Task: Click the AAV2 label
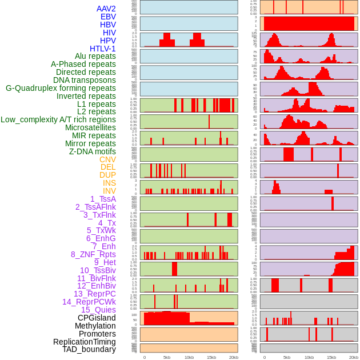coord(106,9)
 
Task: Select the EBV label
coord(107,17)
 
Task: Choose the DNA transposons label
coord(85,81)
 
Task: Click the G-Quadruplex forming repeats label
coord(61,89)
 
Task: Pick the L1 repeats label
coord(97,104)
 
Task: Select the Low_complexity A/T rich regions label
coord(58,120)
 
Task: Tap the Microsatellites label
coord(90,128)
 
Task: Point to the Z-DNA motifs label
coord(93,151)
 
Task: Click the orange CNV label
coord(107,159)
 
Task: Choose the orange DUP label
coord(107,175)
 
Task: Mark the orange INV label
coord(109,191)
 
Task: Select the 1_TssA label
coord(103,199)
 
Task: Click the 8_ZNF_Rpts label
coord(93,254)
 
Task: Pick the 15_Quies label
coord(98,310)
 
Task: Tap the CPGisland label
coord(97,318)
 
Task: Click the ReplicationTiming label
coord(85,342)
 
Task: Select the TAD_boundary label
coord(89,349)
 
